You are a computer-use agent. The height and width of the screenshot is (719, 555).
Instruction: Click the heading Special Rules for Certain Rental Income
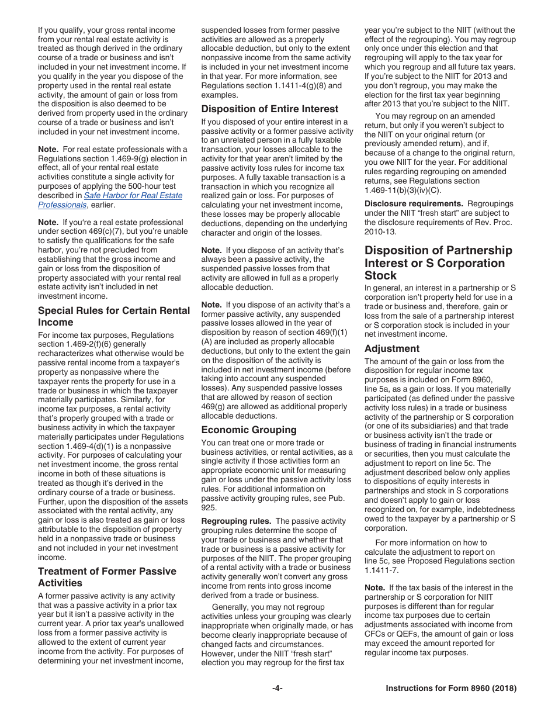[114, 316]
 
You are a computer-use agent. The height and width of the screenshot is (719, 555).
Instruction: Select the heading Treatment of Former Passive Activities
[107, 577]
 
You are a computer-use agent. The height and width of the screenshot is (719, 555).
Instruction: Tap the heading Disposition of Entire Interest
[269, 109]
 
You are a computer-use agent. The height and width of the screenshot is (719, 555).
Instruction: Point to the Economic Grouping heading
[249, 430]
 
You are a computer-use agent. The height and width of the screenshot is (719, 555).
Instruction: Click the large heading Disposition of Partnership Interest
[438, 263]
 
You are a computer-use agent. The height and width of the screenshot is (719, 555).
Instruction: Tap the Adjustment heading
[392, 348]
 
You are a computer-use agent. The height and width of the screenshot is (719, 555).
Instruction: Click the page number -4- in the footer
[277, 689]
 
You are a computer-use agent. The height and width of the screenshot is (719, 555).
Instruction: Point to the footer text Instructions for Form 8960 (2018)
[451, 689]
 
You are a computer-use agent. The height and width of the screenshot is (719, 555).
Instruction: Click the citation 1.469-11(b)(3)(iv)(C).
[403, 190]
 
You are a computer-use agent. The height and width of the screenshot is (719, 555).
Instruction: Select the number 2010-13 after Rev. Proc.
[380, 231]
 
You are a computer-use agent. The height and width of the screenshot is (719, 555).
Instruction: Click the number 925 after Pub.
[209, 507]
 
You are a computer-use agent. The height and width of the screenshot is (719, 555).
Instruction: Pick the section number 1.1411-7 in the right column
[381, 570]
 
